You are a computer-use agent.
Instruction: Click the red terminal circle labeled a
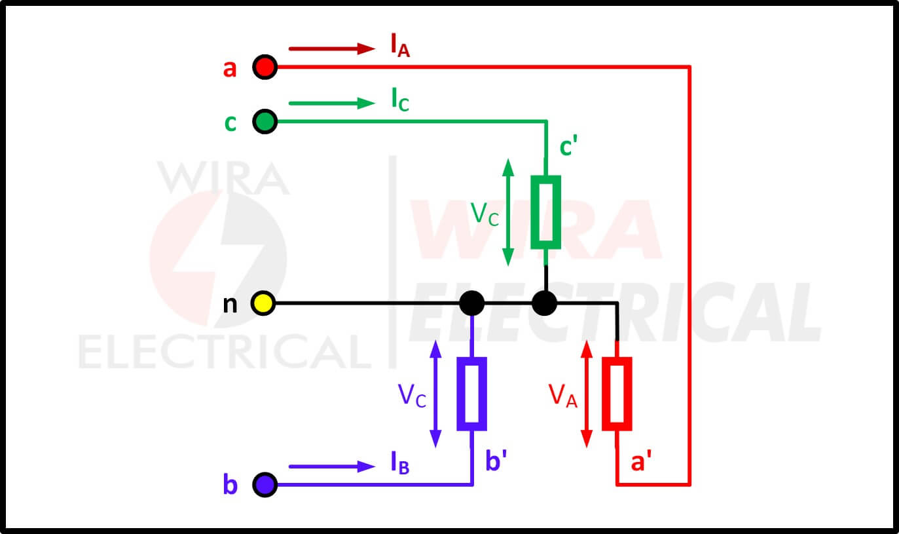point(265,67)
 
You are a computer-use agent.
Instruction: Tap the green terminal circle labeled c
point(265,121)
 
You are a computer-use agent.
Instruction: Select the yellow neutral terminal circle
point(263,303)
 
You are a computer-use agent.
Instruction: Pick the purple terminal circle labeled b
point(265,485)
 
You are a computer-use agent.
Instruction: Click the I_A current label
point(400,45)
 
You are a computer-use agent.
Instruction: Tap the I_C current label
point(400,100)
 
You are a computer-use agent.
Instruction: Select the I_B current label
point(400,463)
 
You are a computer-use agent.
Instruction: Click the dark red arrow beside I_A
point(332,48)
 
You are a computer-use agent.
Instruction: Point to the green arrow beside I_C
point(332,103)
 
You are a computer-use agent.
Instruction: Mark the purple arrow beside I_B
point(332,466)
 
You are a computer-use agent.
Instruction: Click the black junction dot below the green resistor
point(544,303)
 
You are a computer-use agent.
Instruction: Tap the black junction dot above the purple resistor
point(471,303)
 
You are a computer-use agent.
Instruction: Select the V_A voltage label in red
point(562,396)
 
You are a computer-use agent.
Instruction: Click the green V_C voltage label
point(485,214)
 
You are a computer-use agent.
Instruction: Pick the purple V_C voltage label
point(412,396)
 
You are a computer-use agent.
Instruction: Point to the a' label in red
point(641,461)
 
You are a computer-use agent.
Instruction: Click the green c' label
point(568,145)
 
